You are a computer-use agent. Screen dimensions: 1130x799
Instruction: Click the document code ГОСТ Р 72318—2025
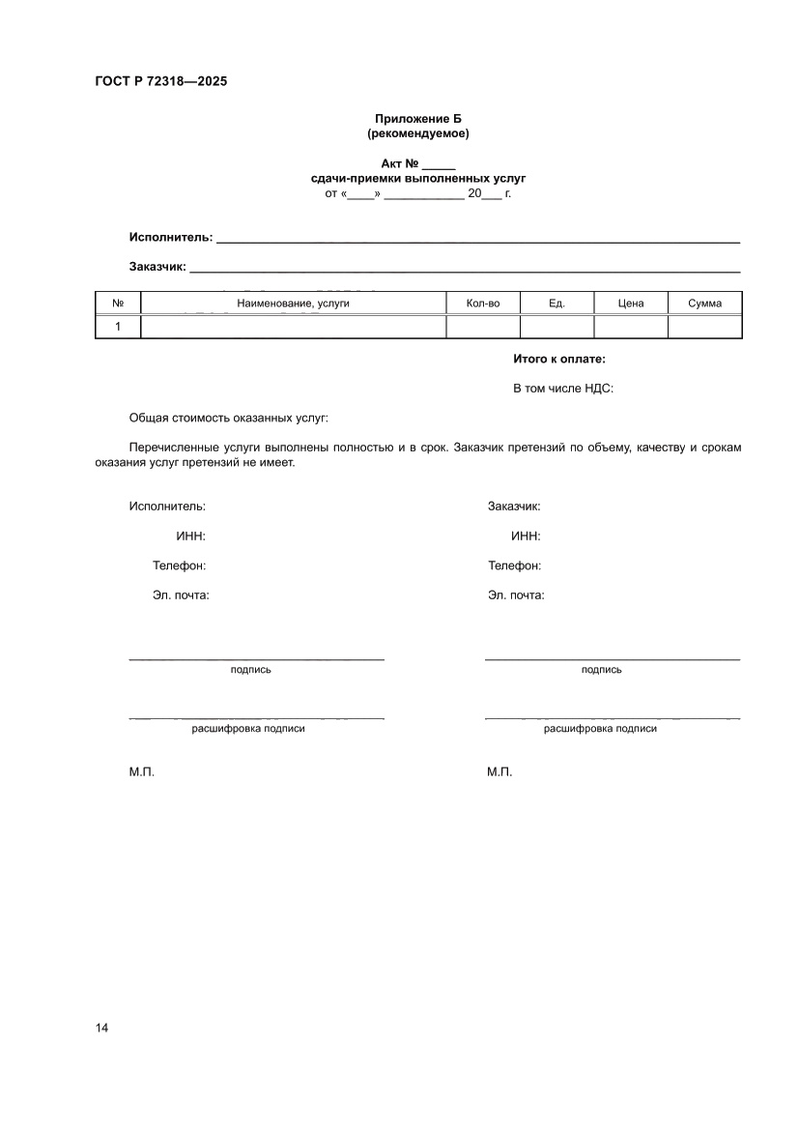[x=161, y=81]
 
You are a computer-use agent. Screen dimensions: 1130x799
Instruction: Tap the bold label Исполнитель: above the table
[x=171, y=237]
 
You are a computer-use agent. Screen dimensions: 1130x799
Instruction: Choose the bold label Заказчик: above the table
[x=157, y=267]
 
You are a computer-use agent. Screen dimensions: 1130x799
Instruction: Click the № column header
[x=118, y=304]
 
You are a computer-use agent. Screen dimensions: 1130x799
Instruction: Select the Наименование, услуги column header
[x=293, y=304]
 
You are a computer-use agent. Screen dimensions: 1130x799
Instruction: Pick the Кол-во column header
[x=482, y=304]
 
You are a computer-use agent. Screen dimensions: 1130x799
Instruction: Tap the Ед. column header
[x=556, y=304]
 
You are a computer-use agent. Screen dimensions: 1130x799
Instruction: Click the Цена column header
[x=631, y=304]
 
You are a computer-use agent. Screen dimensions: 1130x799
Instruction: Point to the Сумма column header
[x=704, y=304]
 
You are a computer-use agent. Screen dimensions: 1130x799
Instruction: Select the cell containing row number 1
[x=118, y=327]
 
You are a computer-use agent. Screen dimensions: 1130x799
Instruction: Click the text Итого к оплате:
[x=559, y=359]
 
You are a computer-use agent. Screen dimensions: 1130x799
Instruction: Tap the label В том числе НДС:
[x=563, y=389]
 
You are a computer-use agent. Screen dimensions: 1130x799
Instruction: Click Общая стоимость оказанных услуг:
[x=229, y=418]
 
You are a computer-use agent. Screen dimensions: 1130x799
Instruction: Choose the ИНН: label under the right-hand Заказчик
[x=526, y=536]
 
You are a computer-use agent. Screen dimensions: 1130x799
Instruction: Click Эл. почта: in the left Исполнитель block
[x=181, y=595]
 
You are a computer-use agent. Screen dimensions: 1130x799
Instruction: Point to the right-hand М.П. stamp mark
[x=499, y=773]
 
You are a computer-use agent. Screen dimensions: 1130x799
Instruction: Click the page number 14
[x=102, y=1028]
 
